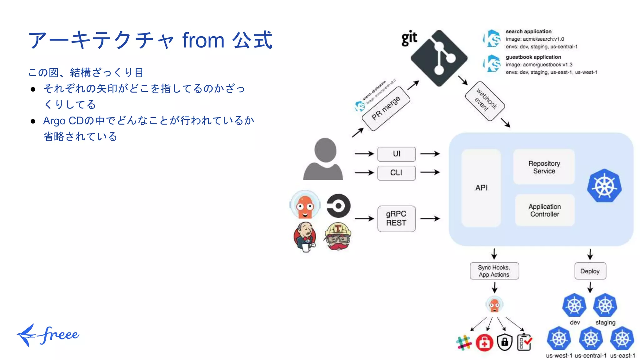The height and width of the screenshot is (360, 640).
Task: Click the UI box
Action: tap(397, 154)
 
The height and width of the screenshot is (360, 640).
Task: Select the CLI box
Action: tap(397, 173)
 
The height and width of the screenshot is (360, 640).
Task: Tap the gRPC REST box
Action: tap(397, 218)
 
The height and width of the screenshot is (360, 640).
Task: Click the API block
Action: tap(481, 188)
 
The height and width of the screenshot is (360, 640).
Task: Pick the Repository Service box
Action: tap(544, 167)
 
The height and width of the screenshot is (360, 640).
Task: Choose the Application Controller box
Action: tap(545, 210)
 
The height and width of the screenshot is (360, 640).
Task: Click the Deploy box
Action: tap(590, 271)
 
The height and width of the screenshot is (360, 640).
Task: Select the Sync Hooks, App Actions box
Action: tap(494, 271)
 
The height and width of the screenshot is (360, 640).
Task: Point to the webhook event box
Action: tap(485, 101)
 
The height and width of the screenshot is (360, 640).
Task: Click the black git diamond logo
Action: tap(439, 58)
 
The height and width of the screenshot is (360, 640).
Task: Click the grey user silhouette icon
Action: tap(323, 159)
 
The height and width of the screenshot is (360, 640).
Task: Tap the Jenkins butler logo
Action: tap(305, 237)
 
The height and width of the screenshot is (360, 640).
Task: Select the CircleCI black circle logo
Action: tap(338, 206)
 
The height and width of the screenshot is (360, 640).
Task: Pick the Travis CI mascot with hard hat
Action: tap(338, 236)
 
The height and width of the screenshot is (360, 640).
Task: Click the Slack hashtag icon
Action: tap(464, 342)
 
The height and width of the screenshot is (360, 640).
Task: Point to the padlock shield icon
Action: tap(505, 342)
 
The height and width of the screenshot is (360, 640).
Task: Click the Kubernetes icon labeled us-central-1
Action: tap(591, 339)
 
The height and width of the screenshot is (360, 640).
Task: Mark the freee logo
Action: tap(48, 335)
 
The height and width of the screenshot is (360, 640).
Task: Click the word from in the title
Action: tap(203, 40)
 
